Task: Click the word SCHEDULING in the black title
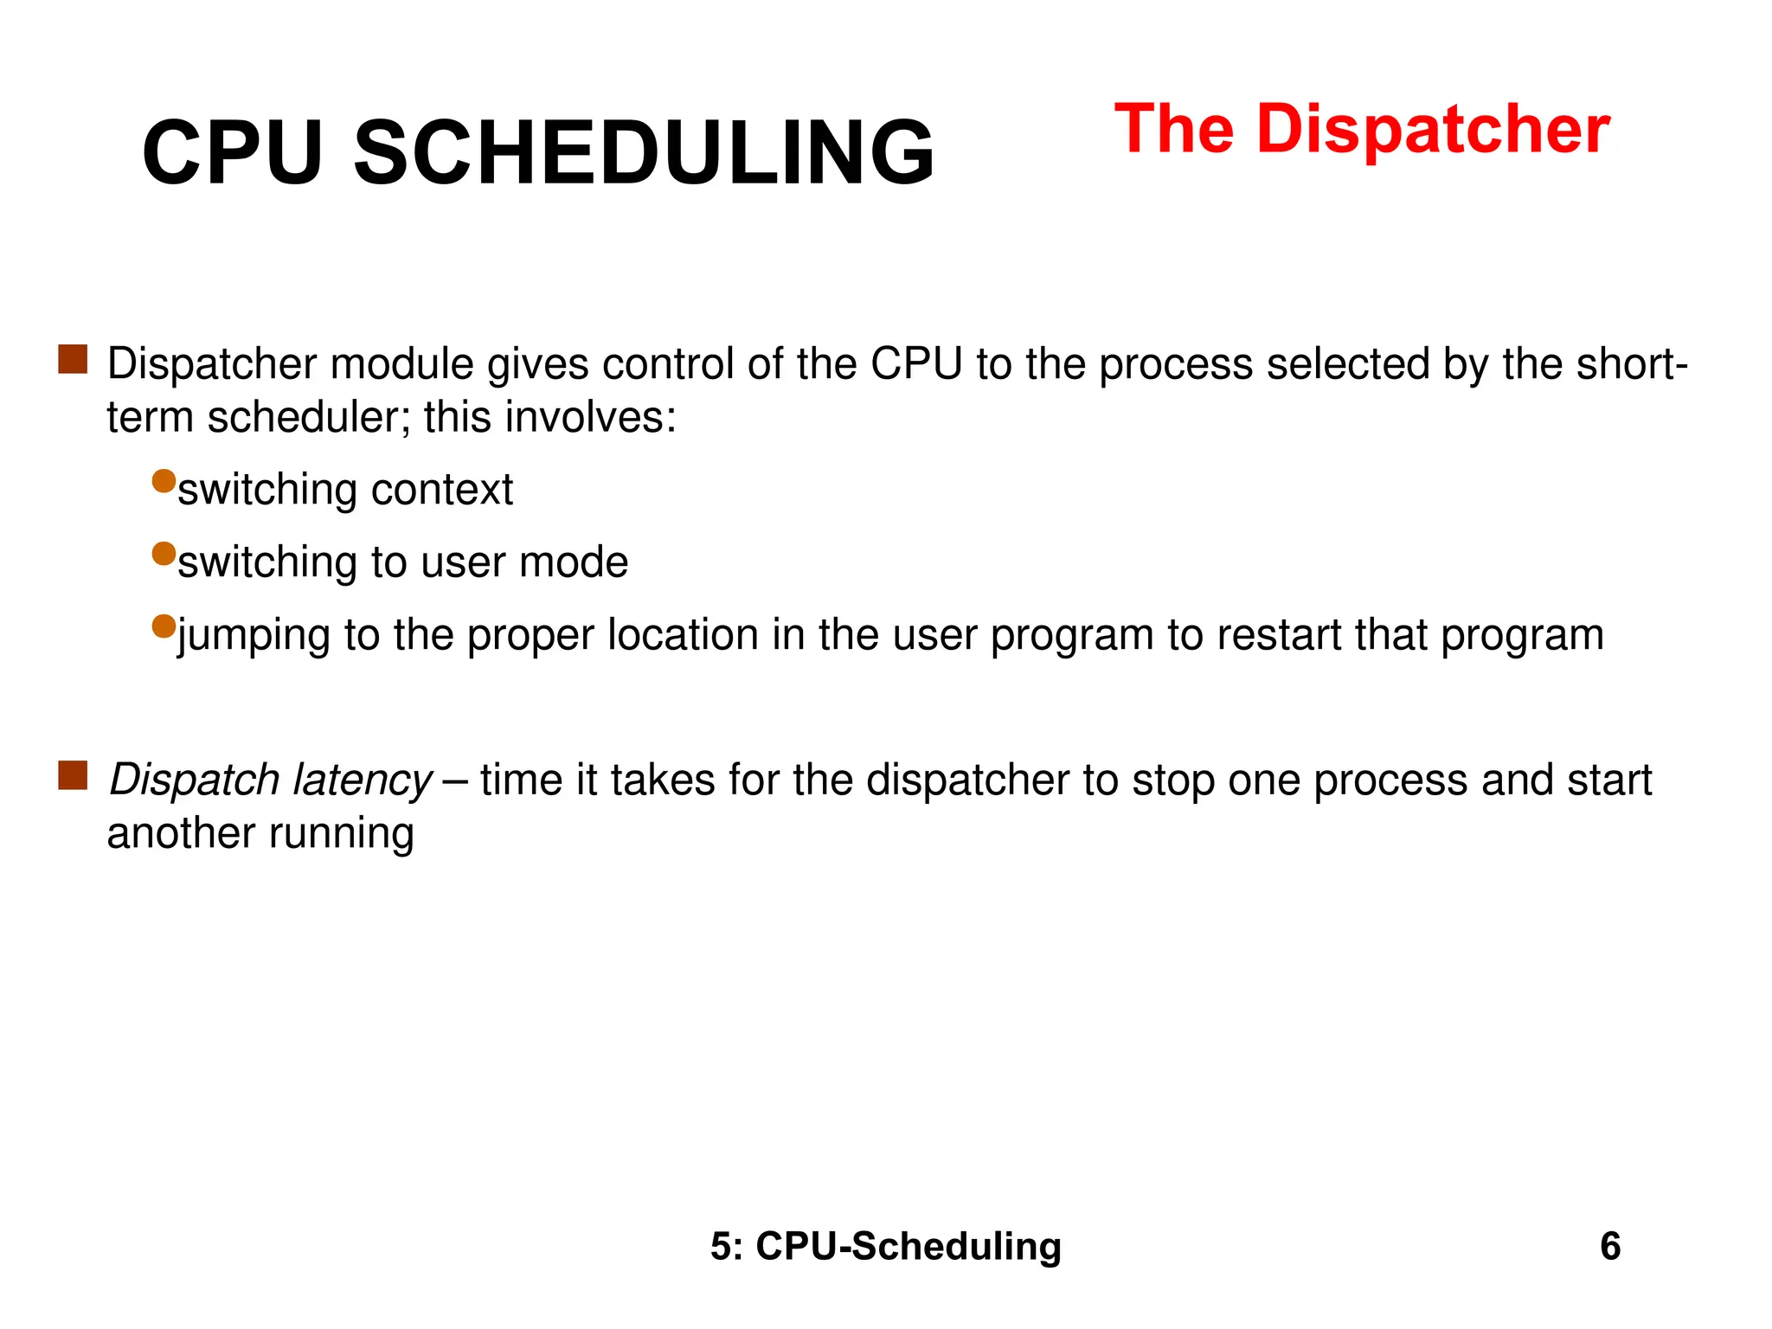pyautogui.click(x=644, y=154)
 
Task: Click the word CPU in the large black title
pyautogui.click(x=232, y=154)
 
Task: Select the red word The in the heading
pyautogui.click(x=1174, y=130)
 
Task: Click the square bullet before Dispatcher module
pyautogui.click(x=73, y=359)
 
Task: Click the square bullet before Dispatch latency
pyautogui.click(x=73, y=775)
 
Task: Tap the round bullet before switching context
pyautogui.click(x=164, y=481)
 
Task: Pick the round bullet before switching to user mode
pyautogui.click(x=164, y=554)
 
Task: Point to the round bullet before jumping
pyautogui.click(x=164, y=626)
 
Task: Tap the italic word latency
pyautogui.click(x=362, y=780)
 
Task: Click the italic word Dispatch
pyautogui.click(x=194, y=780)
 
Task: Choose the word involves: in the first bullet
pyautogui.click(x=590, y=418)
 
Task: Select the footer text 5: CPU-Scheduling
pyautogui.click(x=886, y=1247)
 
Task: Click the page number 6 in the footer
pyautogui.click(x=1610, y=1247)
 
